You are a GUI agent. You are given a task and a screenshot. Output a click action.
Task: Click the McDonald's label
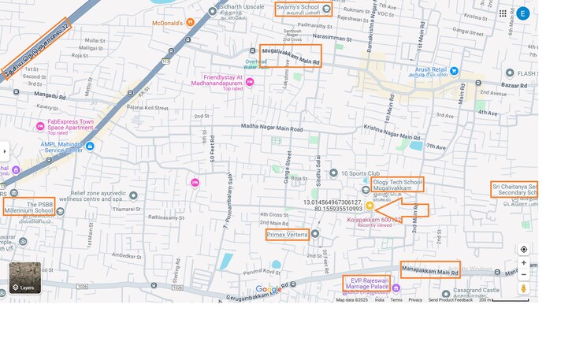[x=167, y=23]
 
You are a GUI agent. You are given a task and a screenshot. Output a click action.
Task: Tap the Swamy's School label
[x=297, y=8]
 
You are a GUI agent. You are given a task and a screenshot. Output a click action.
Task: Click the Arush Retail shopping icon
[x=454, y=70]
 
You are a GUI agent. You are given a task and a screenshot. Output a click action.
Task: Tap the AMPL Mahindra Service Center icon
[x=90, y=146]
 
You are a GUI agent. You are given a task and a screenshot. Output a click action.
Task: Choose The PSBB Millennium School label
[x=29, y=207]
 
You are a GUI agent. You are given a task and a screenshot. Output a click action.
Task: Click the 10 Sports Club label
[x=360, y=173]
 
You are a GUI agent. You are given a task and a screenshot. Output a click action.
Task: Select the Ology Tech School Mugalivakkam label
[x=397, y=185]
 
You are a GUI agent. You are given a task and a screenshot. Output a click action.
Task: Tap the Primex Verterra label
[x=287, y=235]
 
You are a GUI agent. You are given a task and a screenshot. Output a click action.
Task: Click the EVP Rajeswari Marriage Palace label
[x=370, y=283]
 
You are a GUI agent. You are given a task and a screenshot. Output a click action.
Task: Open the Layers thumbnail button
[x=25, y=277]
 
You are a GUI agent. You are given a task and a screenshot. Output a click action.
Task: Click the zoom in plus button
[x=524, y=263]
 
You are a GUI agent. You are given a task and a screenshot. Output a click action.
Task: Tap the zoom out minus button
[x=524, y=275]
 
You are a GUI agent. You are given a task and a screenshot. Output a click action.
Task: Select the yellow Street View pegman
[x=524, y=289]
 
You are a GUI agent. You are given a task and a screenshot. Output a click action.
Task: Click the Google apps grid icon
[x=503, y=13]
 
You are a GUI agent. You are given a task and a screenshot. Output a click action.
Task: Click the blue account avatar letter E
[x=523, y=13]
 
